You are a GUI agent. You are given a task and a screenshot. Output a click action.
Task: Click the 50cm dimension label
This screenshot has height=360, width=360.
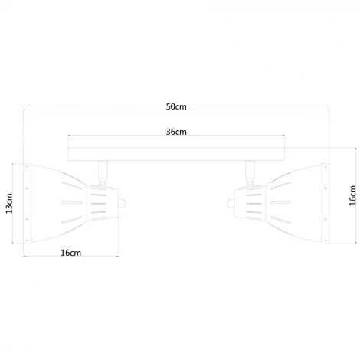tap(176, 106)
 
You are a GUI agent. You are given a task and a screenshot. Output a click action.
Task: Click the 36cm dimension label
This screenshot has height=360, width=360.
tap(176, 132)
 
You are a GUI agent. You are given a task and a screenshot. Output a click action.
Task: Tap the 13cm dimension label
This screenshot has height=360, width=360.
tap(9, 204)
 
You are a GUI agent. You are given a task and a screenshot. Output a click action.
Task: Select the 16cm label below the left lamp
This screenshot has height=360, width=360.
tap(71, 253)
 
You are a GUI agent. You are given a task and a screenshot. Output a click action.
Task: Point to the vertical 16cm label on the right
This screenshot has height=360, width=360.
tap(352, 195)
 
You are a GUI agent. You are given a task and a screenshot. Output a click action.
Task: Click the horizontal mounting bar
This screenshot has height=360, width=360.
tap(176, 154)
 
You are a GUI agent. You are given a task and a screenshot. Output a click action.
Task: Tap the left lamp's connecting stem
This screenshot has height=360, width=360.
tap(103, 171)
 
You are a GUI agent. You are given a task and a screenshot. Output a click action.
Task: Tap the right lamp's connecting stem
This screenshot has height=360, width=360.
tap(250, 171)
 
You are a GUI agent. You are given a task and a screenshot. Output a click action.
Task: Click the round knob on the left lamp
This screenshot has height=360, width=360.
tap(122, 204)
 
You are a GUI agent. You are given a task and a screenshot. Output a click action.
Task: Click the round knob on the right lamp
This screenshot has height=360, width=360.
tap(231, 204)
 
